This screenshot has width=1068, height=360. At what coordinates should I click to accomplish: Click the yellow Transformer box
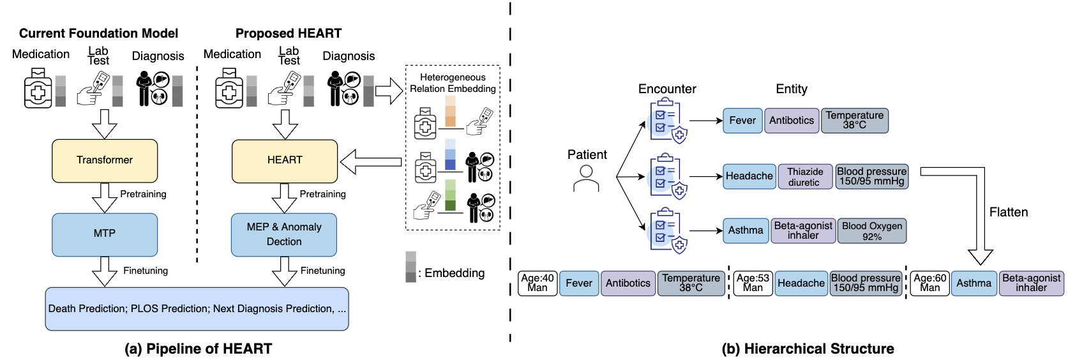(105, 161)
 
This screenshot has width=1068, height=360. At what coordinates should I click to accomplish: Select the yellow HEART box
(285, 161)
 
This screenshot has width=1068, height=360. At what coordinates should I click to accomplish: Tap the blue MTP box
(105, 234)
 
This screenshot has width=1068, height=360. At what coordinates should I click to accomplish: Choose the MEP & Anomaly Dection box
(284, 234)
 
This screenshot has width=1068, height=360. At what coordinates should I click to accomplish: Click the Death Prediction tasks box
(197, 309)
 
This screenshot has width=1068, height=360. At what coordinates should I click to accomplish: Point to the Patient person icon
(586, 179)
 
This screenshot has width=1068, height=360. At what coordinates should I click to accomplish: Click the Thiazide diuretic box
(804, 177)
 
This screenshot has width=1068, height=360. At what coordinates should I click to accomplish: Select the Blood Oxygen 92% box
(871, 231)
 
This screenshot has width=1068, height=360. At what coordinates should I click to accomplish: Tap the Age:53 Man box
(753, 283)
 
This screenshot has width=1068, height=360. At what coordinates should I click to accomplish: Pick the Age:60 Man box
(929, 283)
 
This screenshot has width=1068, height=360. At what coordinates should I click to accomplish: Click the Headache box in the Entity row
(749, 176)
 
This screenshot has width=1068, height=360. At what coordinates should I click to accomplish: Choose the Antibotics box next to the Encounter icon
(792, 121)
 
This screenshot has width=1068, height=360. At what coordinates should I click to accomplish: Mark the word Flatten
(1009, 213)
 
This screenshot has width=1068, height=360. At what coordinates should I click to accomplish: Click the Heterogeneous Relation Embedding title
(453, 83)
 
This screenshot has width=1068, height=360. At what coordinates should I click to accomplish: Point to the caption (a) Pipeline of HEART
(198, 349)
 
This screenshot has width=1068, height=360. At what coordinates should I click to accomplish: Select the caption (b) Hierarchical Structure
(808, 349)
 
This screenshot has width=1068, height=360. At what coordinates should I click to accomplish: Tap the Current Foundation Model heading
(98, 33)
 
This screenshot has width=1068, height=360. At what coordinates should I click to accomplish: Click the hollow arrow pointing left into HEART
(370, 162)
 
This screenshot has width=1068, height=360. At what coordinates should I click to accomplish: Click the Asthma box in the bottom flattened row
(974, 283)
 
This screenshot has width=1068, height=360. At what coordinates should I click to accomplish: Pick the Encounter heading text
(667, 89)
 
